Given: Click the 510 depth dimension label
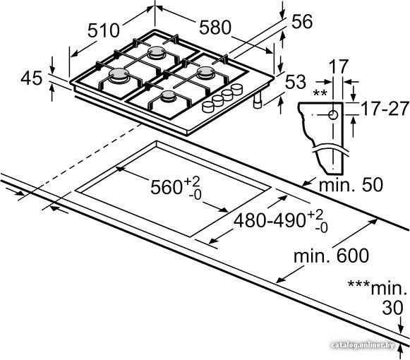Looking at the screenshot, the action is pyautogui.click(x=103, y=30).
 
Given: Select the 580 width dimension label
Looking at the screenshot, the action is pyautogui.click(x=215, y=28).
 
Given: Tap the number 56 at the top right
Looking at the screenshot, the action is pyautogui.click(x=302, y=21).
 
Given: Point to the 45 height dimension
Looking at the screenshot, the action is pyautogui.click(x=31, y=78).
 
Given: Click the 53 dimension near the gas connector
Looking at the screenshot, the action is pyautogui.click(x=296, y=82).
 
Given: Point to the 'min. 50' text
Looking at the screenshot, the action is pyautogui.click(x=351, y=184).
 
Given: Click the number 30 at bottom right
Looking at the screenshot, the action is pyautogui.click(x=392, y=308).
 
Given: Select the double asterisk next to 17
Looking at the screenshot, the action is pyautogui.click(x=320, y=93).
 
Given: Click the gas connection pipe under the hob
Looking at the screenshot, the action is pyautogui.click(x=258, y=100).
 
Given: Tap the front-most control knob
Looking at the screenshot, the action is pyautogui.click(x=208, y=107).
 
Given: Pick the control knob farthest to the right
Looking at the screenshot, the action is pyautogui.click(x=236, y=89).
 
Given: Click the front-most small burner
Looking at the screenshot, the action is pyautogui.click(x=168, y=96).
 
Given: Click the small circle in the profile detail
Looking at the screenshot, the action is pyautogui.click(x=333, y=115).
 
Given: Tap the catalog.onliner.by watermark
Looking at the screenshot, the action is pyautogui.click(x=363, y=345).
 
